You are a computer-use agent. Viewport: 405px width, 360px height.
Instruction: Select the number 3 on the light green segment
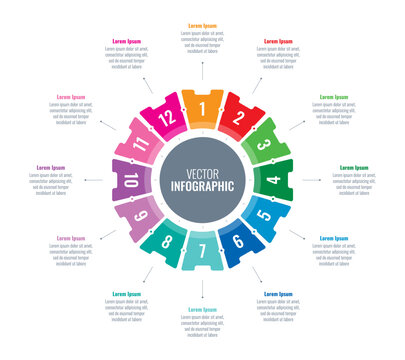click(265, 145)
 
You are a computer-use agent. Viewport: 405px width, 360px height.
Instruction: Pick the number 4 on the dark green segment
click(274, 181)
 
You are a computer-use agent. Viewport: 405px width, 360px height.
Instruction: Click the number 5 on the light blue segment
click(264, 216)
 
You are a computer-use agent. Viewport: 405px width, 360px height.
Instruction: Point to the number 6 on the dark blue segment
click(238, 242)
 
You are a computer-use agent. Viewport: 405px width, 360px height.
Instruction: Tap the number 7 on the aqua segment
click(202, 251)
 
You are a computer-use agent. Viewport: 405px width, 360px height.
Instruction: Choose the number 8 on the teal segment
click(167, 241)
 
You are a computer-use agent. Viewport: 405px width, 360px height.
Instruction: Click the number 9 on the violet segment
click(141, 216)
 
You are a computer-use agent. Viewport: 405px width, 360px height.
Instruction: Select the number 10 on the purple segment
click(131, 181)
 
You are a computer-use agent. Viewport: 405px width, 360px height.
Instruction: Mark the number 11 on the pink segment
click(141, 145)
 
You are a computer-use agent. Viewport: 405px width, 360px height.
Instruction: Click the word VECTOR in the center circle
click(203, 172)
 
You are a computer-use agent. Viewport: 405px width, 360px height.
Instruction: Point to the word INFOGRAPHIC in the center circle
click(203, 186)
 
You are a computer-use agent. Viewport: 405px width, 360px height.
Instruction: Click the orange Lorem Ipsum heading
click(203, 25)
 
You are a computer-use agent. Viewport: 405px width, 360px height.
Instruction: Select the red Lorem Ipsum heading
click(278, 41)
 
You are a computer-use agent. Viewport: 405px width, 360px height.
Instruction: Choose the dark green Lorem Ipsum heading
click(354, 168)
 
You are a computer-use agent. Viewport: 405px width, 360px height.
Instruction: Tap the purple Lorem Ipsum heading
click(51, 168)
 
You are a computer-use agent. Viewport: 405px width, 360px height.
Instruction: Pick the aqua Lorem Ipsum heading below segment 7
click(203, 310)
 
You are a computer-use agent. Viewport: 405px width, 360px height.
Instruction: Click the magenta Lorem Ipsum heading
click(127, 41)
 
